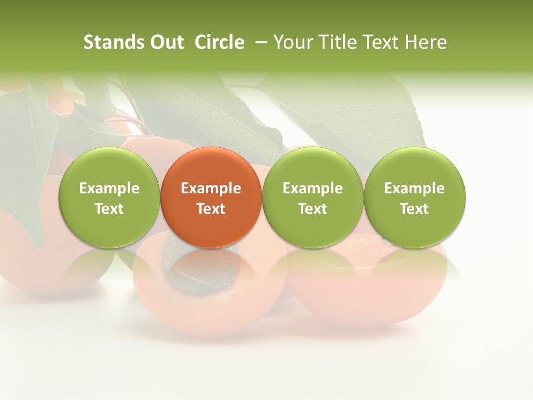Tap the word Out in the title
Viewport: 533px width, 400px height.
166,42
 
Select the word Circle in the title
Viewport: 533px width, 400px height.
219,42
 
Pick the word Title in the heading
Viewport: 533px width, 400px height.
336,42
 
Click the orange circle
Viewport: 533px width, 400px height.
211,197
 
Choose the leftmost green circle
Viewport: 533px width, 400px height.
109,197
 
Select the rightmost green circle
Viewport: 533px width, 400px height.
415,197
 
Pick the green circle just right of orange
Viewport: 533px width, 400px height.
313,197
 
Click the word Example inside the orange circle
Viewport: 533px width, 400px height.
211,188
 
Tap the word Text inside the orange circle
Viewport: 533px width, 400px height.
211,209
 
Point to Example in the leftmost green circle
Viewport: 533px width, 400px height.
109,188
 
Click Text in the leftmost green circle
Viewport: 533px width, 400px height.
109,209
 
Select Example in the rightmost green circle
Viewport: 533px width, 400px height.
415,188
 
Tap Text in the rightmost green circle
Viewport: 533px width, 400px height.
415,209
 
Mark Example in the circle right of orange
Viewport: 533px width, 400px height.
313,188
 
